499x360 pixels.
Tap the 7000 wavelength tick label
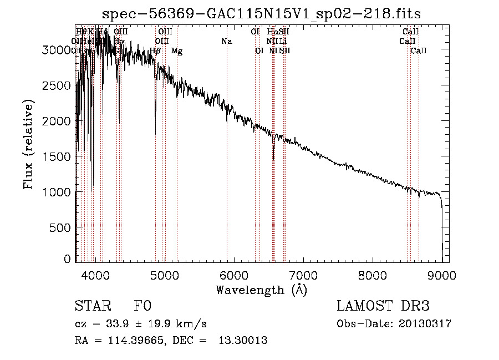click(x=303, y=275)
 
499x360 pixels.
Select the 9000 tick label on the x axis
click(x=442, y=275)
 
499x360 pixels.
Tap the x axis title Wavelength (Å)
click(x=261, y=290)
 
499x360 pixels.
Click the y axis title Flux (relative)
click(x=28, y=144)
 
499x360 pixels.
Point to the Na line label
click(x=226, y=42)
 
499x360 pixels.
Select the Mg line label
click(x=177, y=51)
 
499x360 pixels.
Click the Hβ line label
click(x=155, y=51)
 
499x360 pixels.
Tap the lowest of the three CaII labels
click(x=419, y=51)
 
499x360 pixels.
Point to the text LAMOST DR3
click(x=383, y=306)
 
